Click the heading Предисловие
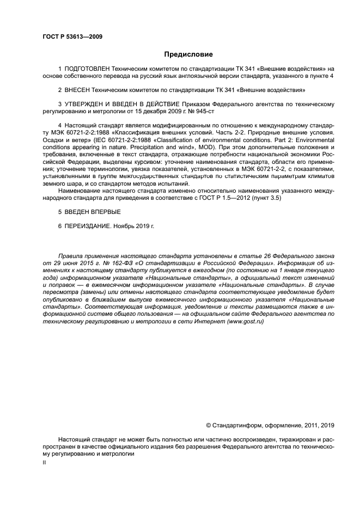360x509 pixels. click(189, 54)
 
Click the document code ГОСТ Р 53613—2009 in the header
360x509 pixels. click(72, 37)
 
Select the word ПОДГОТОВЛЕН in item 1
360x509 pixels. click(87, 69)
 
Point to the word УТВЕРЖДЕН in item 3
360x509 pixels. click(86, 103)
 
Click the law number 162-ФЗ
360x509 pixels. click(107, 262)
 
